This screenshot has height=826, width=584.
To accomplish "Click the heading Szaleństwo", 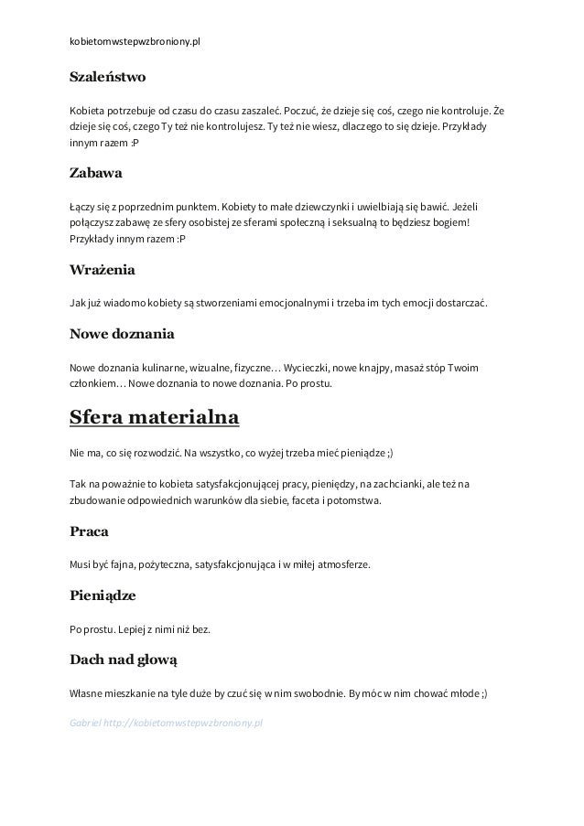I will pos(107,77).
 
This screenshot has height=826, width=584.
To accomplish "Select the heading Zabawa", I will pos(96,173).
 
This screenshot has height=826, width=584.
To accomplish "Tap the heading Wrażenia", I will pos(103,270).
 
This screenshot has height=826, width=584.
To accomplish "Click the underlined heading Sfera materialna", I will pos(155,418).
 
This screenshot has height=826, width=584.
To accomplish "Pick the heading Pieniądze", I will pos(103,595).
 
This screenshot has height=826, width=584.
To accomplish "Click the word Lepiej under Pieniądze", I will pos(125,628).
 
